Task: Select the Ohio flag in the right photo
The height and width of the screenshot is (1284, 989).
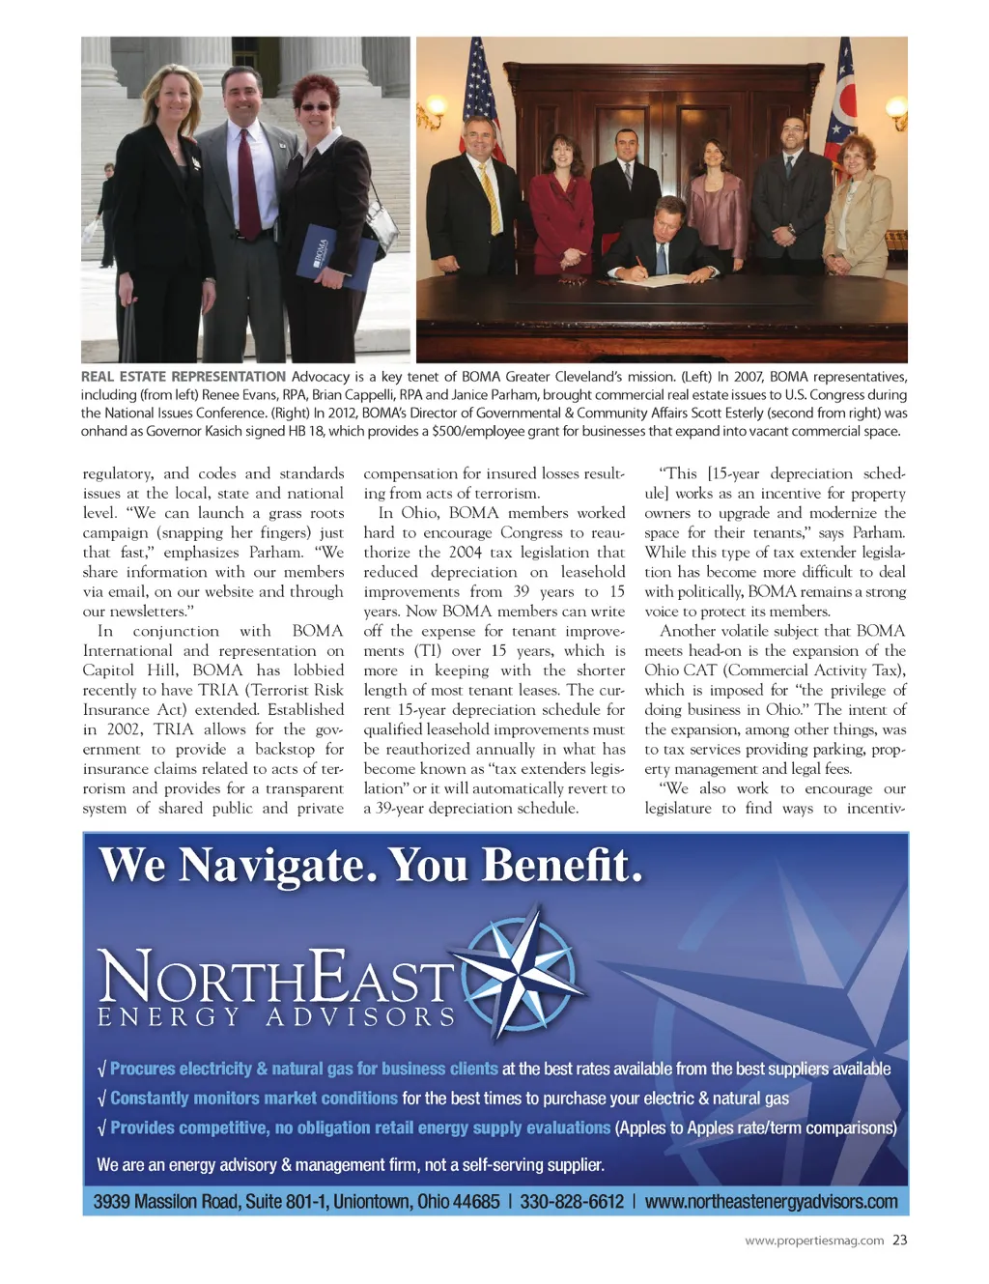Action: pos(842,106)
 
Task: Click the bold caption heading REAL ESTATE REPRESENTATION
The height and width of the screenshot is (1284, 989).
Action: pos(184,377)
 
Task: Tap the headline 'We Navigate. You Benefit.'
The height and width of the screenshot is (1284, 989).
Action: pos(371,865)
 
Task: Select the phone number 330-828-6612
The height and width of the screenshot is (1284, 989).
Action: pos(572,1202)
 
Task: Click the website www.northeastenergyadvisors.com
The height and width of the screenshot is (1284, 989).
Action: pos(771,1202)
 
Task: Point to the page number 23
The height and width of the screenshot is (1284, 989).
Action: pos(899,1241)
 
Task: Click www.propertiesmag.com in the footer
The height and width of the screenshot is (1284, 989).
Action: pos(814,1241)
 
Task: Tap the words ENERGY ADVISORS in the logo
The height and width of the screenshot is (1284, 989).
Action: pos(277,1017)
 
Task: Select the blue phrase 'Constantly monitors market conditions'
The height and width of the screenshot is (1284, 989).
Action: pos(254,1099)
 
